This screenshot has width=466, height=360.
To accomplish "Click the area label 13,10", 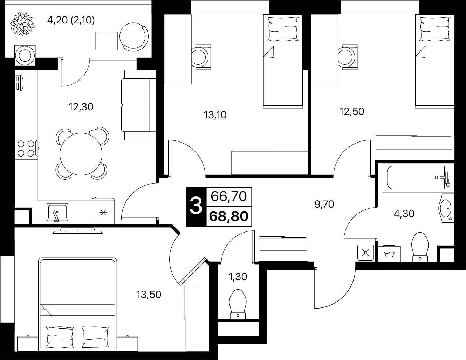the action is tap(215, 115).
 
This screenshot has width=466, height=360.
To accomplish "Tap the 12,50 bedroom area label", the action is tap(351, 111).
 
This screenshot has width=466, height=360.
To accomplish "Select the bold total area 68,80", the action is tap(228, 216).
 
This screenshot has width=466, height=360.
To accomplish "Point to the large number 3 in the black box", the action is tap(196, 206).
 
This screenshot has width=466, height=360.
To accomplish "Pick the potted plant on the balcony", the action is tap(22, 24).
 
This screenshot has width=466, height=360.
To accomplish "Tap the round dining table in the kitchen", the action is tap(81, 154).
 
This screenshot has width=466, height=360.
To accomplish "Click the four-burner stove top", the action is tap(26, 148).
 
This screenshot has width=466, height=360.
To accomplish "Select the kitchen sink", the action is tap(57, 212).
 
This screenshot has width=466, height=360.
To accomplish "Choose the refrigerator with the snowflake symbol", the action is tap(103, 211).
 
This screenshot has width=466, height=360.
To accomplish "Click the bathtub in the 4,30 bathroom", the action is tap(418, 178).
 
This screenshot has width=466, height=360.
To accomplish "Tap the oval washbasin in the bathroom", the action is tap(446, 208).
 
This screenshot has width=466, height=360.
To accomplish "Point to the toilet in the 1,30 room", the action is tap(238, 304).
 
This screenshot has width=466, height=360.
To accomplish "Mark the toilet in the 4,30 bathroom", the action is tap(420, 247).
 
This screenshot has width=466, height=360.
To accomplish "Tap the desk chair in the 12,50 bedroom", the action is tap(348, 57).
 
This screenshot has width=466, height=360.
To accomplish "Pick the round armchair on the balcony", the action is tap(134, 37).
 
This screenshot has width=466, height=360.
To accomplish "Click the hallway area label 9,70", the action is tap(324, 204).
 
